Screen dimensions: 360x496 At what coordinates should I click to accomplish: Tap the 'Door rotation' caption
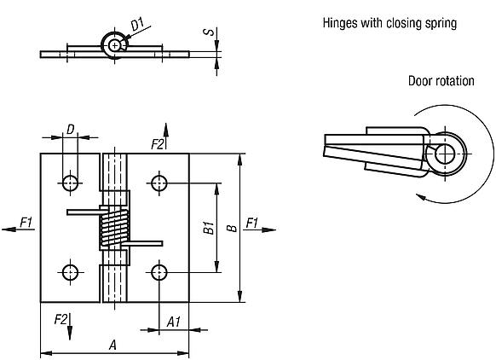pos(441,80)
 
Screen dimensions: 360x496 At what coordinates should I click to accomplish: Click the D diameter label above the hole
pos(72,131)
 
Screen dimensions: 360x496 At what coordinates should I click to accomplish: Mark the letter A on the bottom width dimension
pos(112,344)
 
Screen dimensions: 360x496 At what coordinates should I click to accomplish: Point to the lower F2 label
pos(61,318)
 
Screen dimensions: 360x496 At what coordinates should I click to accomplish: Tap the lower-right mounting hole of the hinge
pos(159,272)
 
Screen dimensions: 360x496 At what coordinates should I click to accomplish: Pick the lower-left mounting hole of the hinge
pos(70,272)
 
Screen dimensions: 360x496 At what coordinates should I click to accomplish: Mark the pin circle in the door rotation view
pos(445,153)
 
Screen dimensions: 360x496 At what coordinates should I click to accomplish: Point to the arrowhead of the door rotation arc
pos(419,197)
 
